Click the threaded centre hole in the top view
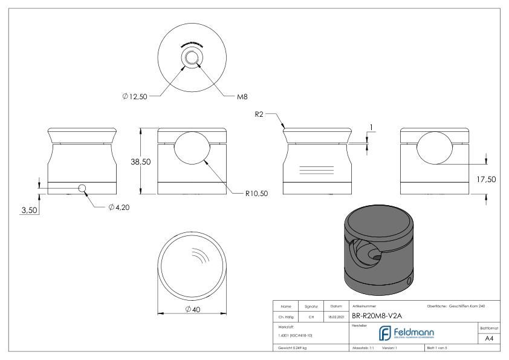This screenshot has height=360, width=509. click(192, 58)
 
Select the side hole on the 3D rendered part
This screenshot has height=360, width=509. click(410, 281)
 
